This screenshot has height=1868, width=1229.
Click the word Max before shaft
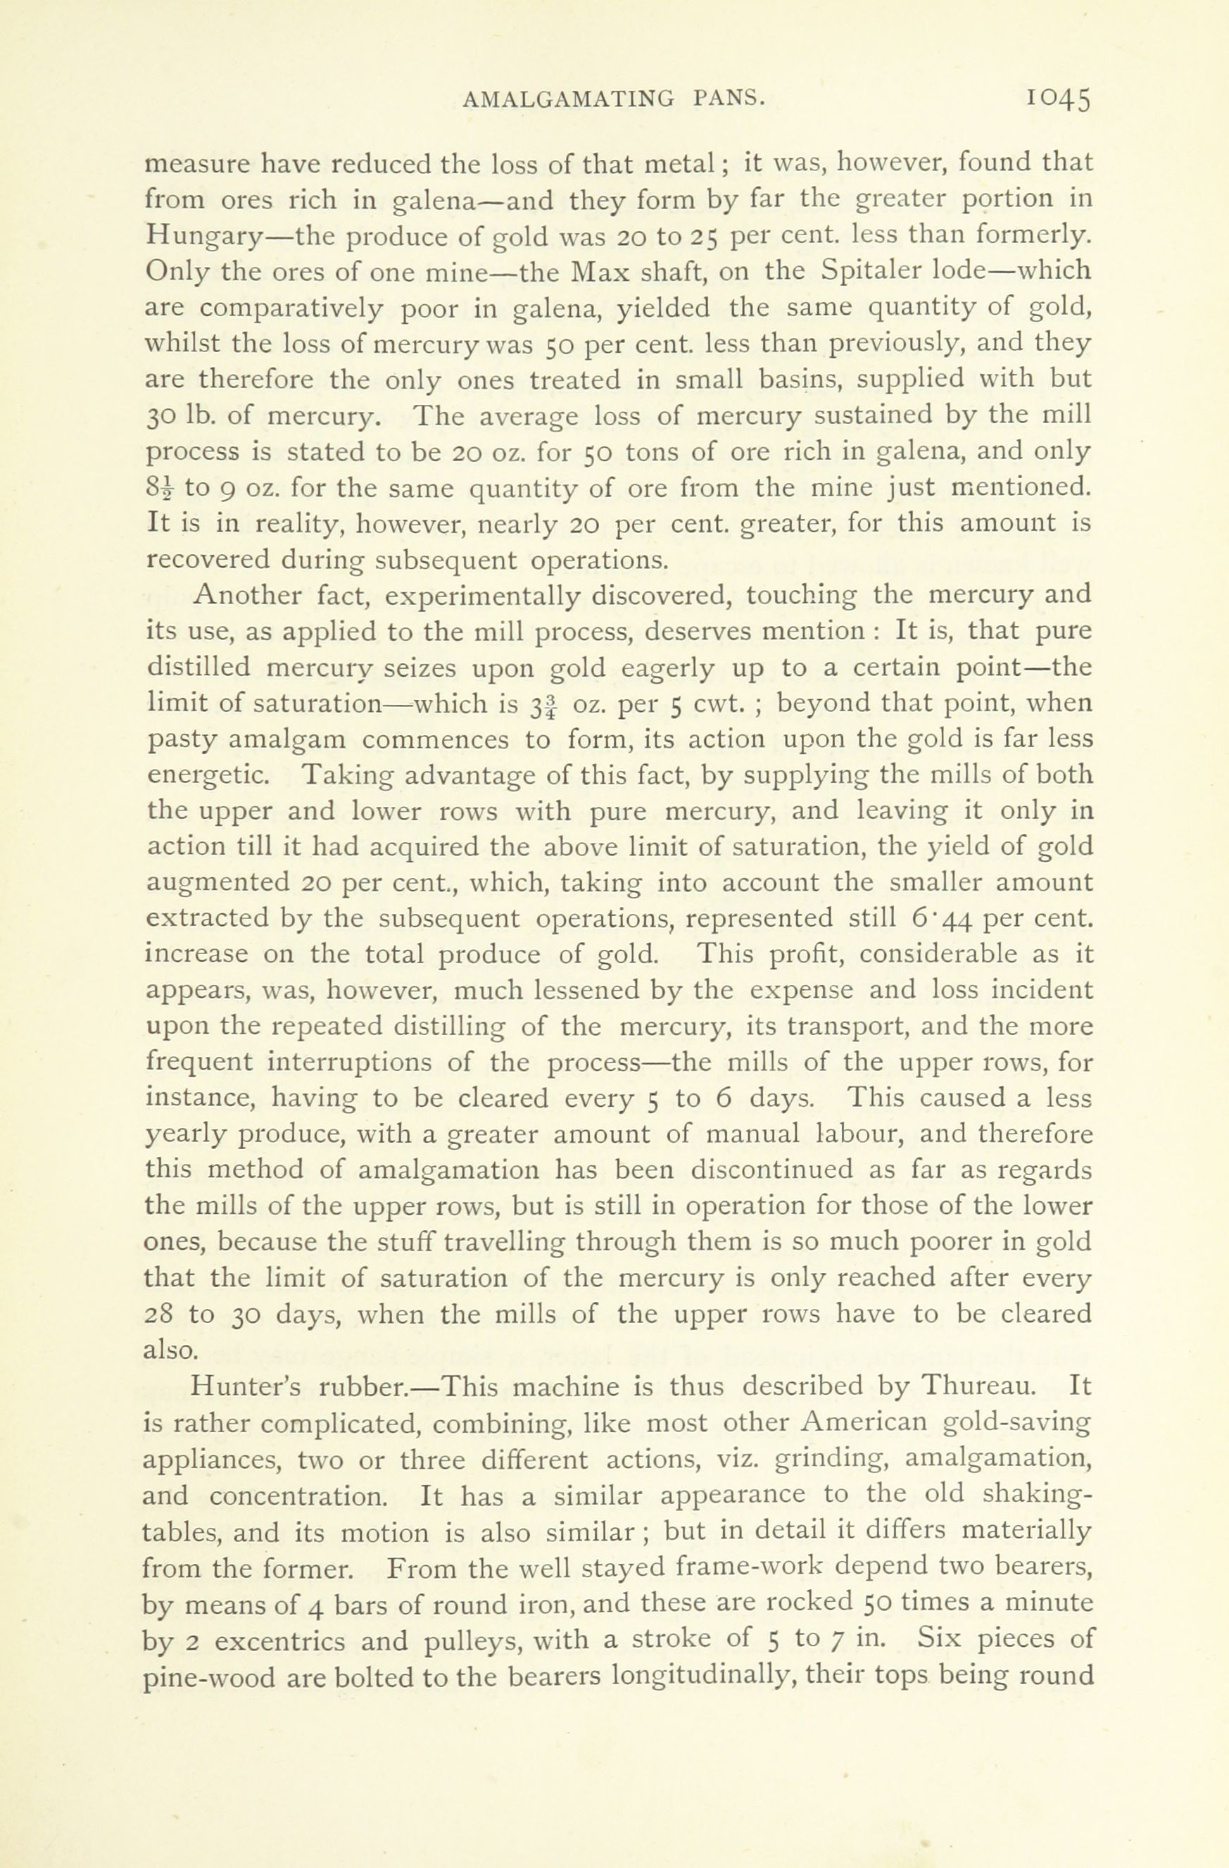coord(600,271)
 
